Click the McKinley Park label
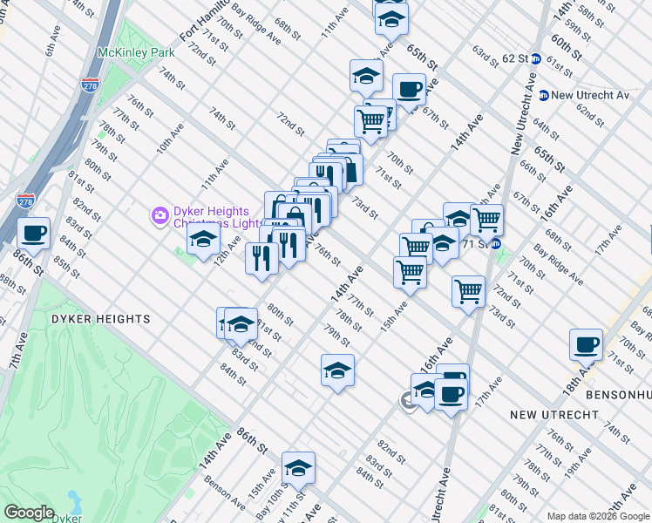pyautogui.click(x=136, y=52)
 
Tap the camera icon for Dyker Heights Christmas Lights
pyautogui.click(x=160, y=214)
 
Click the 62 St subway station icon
pyautogui.click(x=537, y=58)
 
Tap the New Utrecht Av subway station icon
pyautogui.click(x=543, y=95)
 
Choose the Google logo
pyautogui.click(x=29, y=513)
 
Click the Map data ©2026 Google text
pyautogui.click(x=598, y=516)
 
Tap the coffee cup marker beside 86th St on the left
pyautogui.click(x=34, y=234)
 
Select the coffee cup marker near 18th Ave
pyautogui.click(x=586, y=344)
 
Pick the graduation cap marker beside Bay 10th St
pyautogui.click(x=298, y=467)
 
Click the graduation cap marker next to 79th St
pyautogui.click(x=337, y=370)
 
